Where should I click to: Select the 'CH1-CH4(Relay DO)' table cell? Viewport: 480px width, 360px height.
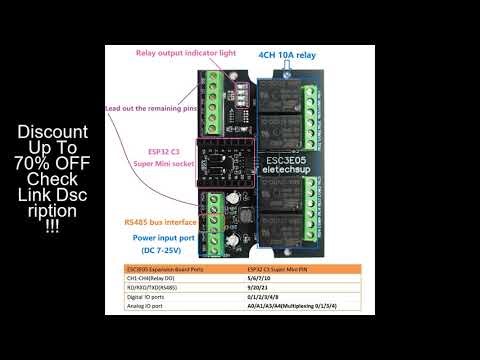click(x=153, y=281)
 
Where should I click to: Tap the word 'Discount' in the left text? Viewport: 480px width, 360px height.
click(x=53, y=133)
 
